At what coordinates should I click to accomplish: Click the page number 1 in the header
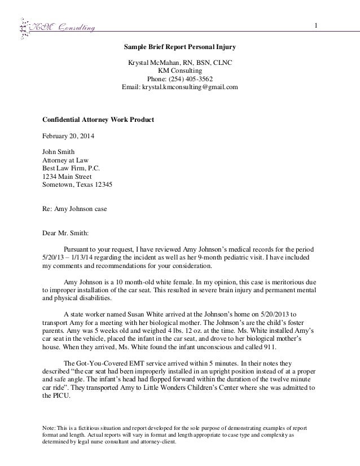(x=317, y=25)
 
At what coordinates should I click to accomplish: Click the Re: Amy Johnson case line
(x=75, y=208)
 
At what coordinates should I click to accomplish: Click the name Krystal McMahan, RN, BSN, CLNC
(x=181, y=63)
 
